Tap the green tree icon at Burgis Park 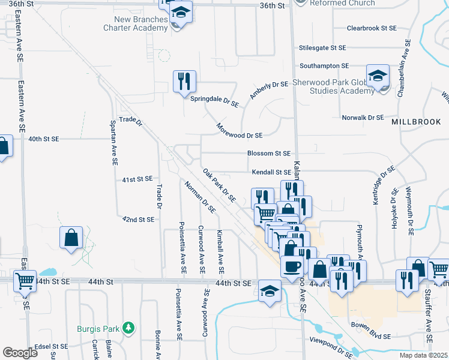coord(128,328)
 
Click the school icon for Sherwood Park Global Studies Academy coord(378,76)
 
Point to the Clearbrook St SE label coord(372,28)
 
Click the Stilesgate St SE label coord(323,47)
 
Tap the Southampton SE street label coord(324,65)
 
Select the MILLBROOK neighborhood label coord(416,122)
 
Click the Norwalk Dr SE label coord(362,118)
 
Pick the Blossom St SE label coord(269,154)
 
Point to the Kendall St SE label coord(271,172)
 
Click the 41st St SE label coord(137,179)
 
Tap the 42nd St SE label coord(138,220)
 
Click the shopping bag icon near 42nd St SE coord(71,238)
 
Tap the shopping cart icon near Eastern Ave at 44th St coord(25,280)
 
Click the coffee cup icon coord(292,266)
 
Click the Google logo coord(20,353)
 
